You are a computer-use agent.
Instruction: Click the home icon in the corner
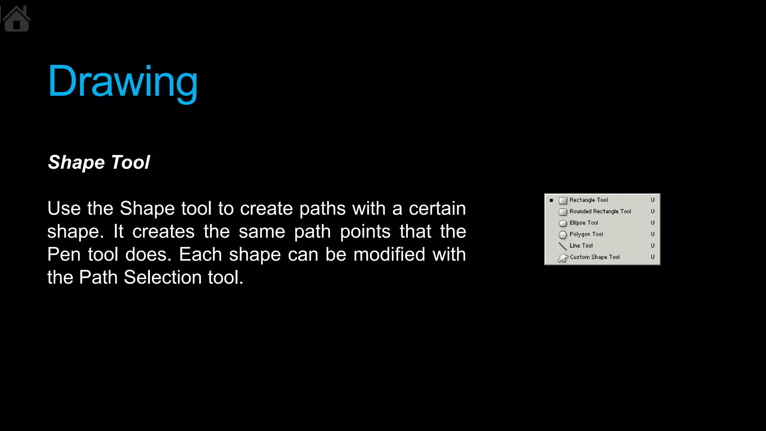[x=16, y=19]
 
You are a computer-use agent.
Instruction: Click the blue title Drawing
[x=123, y=82]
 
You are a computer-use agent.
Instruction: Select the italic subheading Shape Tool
[x=99, y=162]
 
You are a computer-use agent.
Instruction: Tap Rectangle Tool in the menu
[x=588, y=200]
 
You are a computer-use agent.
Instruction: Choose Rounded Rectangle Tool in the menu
[x=600, y=211]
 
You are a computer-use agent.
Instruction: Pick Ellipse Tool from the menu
[x=583, y=223]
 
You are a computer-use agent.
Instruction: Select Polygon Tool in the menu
[x=586, y=234]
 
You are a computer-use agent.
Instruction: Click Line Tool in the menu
[x=581, y=246]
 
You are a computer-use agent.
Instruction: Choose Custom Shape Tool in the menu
[x=594, y=257]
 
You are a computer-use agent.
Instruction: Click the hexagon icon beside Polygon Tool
[x=563, y=235]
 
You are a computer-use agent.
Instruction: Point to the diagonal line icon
[x=563, y=246]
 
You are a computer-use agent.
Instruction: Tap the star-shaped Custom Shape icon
[x=563, y=258]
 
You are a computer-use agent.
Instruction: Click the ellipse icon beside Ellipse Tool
[x=563, y=223]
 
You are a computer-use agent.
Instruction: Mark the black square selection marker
[x=551, y=201]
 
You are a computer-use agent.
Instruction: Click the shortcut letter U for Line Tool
[x=653, y=246]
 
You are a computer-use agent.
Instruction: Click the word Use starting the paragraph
[x=64, y=208]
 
